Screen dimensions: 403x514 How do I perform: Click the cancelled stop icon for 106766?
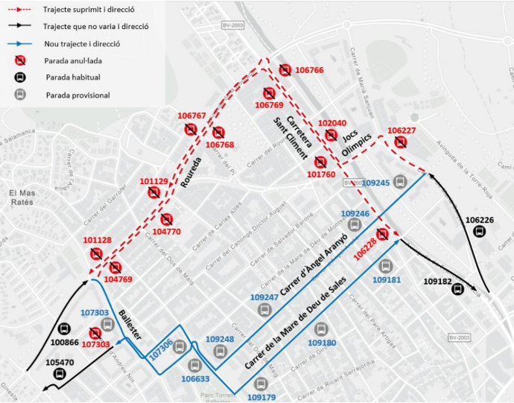pos(285,70)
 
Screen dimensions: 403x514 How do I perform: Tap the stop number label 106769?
pos(269,105)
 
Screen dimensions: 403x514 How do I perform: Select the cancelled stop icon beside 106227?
pos(402,143)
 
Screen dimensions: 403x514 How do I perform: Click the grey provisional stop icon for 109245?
pos(401,180)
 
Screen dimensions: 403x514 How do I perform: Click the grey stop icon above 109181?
pos(385,266)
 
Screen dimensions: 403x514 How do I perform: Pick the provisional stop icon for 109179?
pos(261,384)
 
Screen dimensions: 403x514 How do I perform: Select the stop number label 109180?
pos(321,343)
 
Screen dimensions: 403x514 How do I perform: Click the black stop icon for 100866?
pos(64,329)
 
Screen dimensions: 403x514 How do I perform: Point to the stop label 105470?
pos(60,362)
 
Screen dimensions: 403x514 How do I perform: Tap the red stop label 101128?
pos(98,241)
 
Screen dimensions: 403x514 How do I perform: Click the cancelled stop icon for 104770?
pos(167,220)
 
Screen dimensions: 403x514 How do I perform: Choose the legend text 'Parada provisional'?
pos(77,95)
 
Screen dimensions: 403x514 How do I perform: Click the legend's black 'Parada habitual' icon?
pos(21,77)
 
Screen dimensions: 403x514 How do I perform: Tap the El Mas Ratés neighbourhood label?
pos(23,197)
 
